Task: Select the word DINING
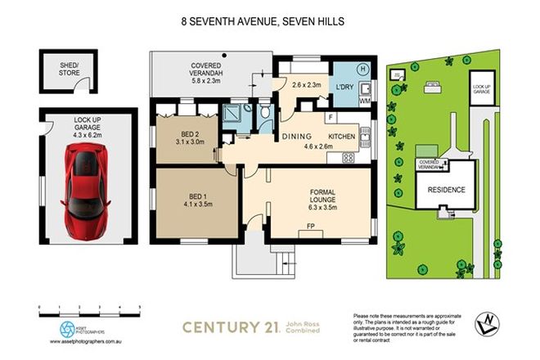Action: (298, 137)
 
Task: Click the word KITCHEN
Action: (343, 137)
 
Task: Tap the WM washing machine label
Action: (363, 100)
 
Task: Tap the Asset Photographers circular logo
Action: (66, 327)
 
